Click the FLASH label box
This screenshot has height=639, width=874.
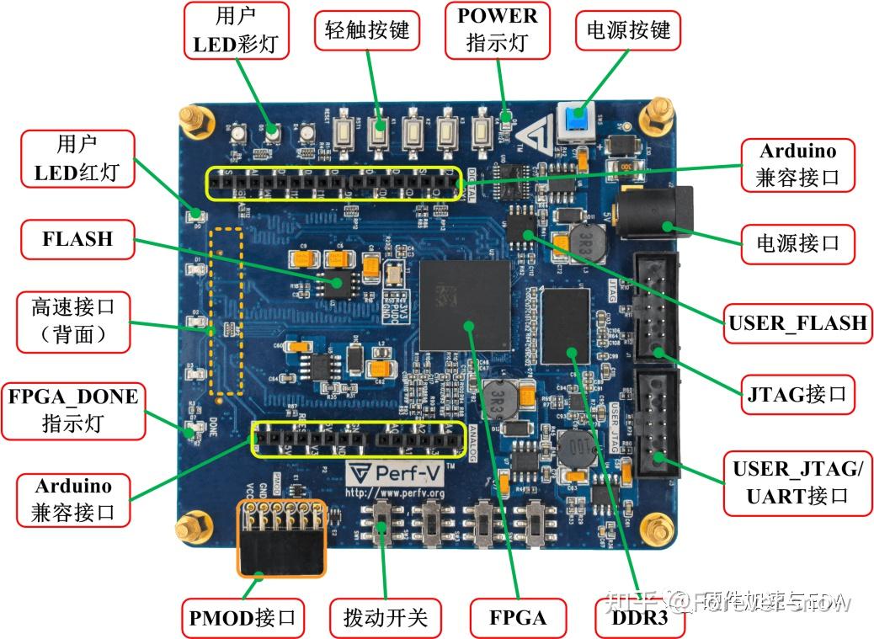77,238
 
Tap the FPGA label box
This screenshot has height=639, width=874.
518,618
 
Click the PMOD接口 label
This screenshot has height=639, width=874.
242,618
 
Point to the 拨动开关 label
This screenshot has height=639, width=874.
385,618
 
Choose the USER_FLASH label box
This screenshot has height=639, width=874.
797,322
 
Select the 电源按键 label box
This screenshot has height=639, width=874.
627,32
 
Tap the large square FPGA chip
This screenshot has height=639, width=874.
466,304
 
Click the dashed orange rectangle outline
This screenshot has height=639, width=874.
226,312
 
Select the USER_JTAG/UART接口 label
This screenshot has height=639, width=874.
797,482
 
